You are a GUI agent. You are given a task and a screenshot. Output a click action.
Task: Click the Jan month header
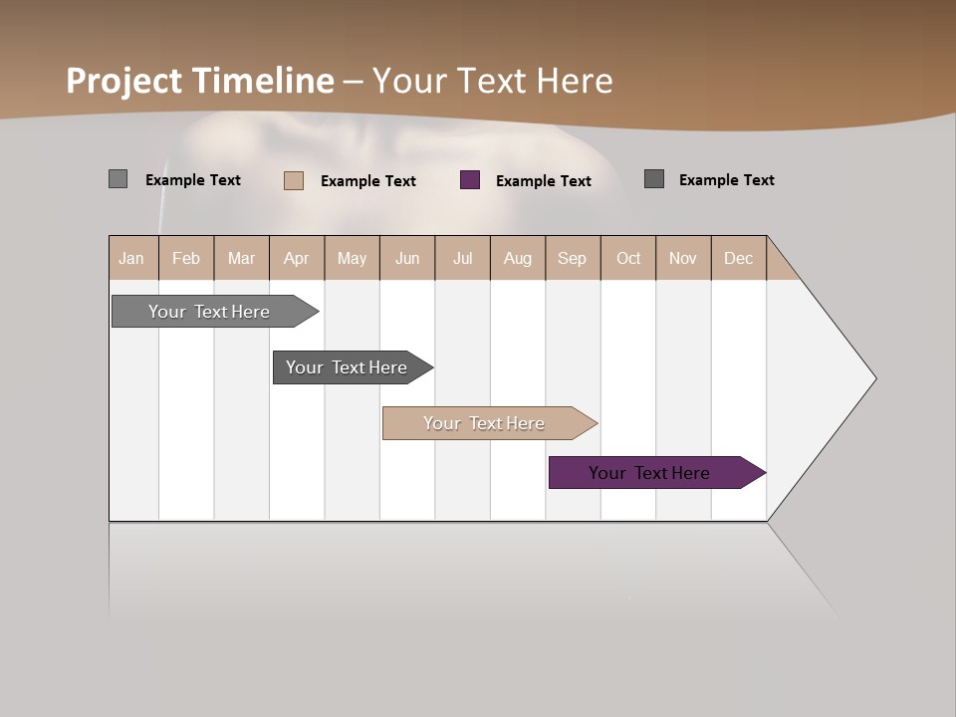point(131,258)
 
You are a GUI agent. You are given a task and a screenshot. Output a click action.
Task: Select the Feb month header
point(186,258)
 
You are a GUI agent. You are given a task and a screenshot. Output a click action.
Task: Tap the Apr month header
point(296,258)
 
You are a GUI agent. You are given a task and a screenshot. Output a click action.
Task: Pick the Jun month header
point(407,258)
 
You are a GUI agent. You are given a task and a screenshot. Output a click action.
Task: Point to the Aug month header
point(517,258)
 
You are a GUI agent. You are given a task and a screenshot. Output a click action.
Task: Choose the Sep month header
point(572,258)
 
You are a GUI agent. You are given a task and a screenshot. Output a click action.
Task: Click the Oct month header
point(628,258)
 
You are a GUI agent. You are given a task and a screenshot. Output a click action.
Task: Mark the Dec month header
point(738,258)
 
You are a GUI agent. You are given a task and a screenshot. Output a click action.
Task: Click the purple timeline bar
point(648,473)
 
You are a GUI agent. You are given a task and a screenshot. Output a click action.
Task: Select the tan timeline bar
point(483,423)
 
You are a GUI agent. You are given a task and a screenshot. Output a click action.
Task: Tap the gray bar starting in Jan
point(208,312)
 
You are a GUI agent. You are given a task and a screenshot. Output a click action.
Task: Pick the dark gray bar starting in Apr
point(346,367)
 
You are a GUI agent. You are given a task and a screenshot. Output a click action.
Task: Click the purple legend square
point(470,180)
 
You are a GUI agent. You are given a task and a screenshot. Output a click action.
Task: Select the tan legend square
point(294,180)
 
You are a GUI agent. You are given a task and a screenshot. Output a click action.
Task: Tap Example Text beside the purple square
point(544,181)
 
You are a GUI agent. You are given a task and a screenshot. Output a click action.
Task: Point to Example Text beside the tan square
point(368,181)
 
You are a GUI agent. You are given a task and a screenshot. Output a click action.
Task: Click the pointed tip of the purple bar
point(762,473)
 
